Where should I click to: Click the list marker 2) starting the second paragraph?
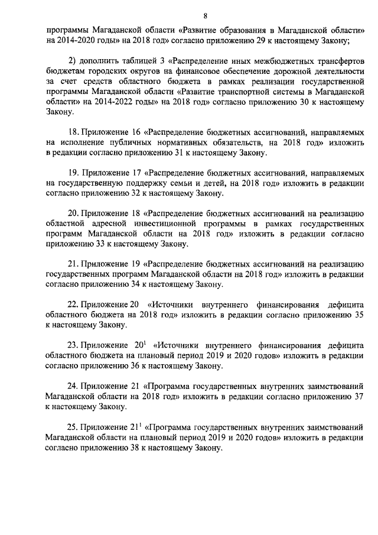tap(73, 61)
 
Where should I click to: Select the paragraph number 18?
tap(73, 132)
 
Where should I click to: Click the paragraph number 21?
tap(73, 262)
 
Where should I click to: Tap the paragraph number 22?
tap(73, 304)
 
